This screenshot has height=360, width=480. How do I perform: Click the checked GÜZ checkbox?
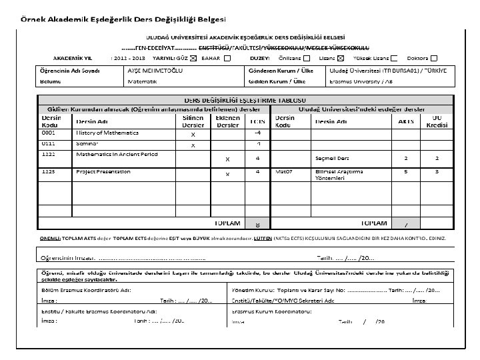[193, 58]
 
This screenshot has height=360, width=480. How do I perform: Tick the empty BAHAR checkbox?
[227, 58]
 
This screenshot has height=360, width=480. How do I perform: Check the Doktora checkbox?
[434, 58]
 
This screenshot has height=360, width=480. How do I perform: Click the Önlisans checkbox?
[306, 58]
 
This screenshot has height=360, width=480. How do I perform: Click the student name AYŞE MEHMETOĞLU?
[154, 70]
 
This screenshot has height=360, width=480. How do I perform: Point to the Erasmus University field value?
[360, 81]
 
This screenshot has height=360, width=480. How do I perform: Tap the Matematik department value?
[142, 81]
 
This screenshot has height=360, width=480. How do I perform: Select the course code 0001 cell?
[51, 133]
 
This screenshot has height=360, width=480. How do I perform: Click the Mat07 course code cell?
[285, 171]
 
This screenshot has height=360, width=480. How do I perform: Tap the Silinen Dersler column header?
[193, 121]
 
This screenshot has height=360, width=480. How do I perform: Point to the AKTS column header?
[406, 121]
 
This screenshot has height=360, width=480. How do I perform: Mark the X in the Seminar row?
[193, 145]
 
